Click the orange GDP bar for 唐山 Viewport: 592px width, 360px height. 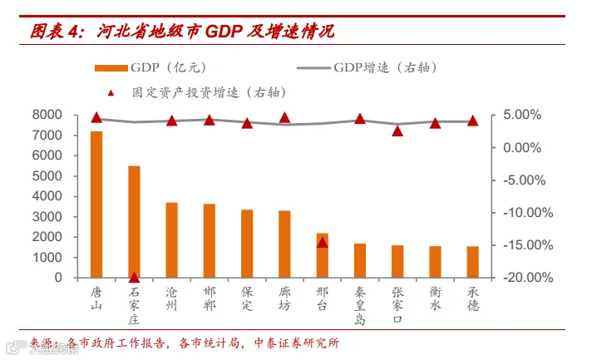[96, 205]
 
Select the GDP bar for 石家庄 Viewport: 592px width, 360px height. [134, 222]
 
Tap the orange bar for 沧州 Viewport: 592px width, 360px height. [172, 240]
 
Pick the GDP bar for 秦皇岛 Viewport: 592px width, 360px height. [360, 261]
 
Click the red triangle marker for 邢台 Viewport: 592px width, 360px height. [322, 243]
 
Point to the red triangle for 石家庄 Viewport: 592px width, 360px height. [134, 278]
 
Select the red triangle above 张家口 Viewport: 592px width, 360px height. [397, 131]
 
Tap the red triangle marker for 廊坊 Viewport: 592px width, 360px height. [284, 118]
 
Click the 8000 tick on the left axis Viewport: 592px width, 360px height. [47, 115]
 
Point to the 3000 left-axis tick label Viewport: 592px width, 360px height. [47, 217]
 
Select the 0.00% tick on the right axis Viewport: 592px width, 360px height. [522, 147]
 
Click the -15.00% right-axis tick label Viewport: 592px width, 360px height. [528, 245]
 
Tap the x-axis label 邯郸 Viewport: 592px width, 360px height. [210, 298]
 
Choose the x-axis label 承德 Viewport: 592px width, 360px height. [473, 298]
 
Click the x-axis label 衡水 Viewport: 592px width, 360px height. [436, 298]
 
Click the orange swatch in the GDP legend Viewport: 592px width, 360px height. [111, 68]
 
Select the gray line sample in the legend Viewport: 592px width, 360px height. [314, 68]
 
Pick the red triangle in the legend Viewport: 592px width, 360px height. [111, 93]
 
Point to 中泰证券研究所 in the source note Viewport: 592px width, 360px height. [297, 343]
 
